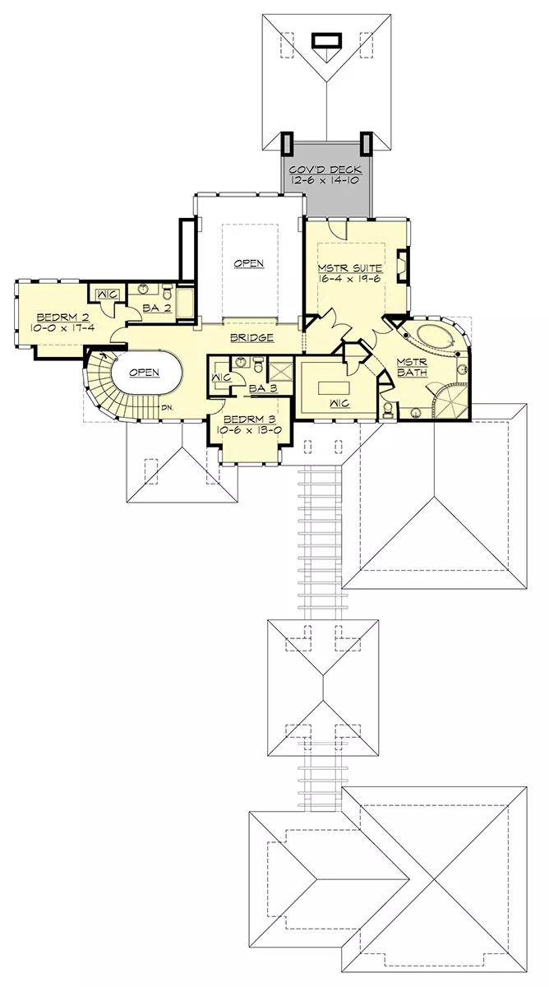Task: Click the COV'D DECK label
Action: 325,169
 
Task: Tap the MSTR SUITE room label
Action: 350,268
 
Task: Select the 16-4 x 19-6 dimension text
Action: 350,279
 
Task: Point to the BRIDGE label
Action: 251,338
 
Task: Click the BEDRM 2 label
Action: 63,317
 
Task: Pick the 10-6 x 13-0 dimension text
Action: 249,430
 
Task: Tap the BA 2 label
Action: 157,308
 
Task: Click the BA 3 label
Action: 263,388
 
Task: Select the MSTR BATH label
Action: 412,367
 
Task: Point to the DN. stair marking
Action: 168,408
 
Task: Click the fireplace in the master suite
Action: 403,265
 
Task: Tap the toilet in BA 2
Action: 168,291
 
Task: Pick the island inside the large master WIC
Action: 334,388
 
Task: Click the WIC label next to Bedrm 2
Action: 107,294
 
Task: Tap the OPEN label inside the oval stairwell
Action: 144,373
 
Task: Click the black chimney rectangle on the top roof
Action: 326,40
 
